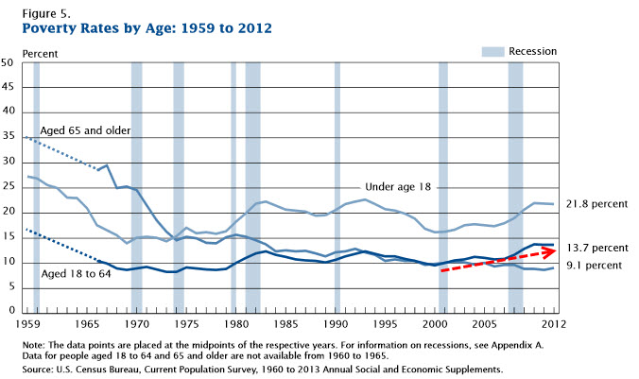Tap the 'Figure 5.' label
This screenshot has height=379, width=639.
click(x=43, y=10)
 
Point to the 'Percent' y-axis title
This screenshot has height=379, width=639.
click(x=39, y=53)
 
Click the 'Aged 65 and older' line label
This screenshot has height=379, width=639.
click(x=85, y=129)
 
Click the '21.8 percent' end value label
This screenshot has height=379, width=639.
click(x=596, y=203)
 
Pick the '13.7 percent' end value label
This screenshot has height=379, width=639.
click(x=596, y=247)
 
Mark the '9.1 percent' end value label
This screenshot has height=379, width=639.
click(x=595, y=266)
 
